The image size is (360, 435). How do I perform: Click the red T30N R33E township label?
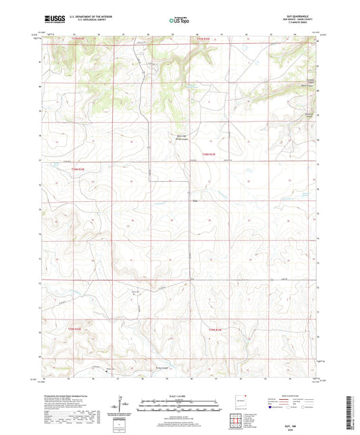pyautogui.click(x=209, y=154)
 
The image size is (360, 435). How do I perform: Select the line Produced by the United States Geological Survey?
pyautogui.click(x=64, y=394)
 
